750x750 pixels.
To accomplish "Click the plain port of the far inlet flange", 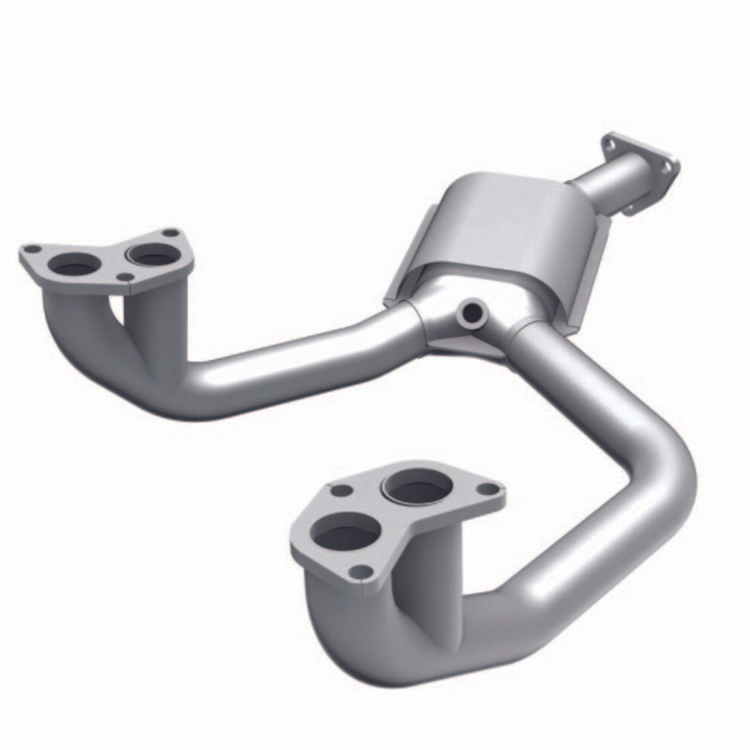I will click(x=75, y=263).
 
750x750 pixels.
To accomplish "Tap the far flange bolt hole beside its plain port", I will click(x=31, y=249).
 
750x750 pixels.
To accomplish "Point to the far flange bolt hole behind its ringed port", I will click(x=171, y=233).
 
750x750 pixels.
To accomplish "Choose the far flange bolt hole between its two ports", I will click(x=127, y=278).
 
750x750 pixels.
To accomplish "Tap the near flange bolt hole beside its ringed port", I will click(x=489, y=489).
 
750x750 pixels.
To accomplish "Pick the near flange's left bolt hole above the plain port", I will click(x=340, y=490).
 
